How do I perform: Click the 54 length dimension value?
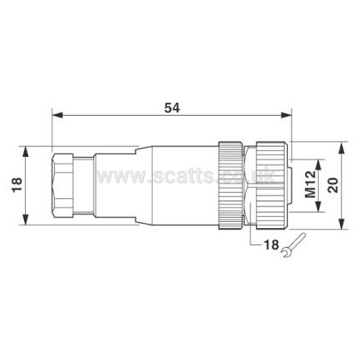[172, 108]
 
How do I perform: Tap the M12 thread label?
[310, 184]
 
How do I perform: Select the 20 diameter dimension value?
[333, 185]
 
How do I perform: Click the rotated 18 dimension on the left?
[17, 185]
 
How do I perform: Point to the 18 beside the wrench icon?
[271, 244]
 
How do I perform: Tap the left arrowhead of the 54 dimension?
[57, 115]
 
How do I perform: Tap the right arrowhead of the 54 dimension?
[286, 115]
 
